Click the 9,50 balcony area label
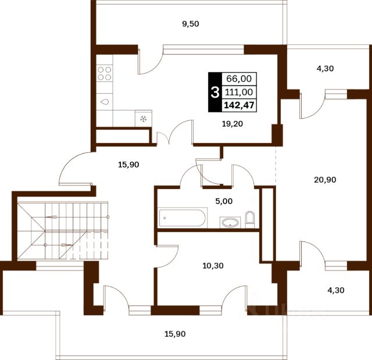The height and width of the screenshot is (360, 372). (x=191, y=24)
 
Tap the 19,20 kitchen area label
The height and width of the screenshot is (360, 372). (x=233, y=124)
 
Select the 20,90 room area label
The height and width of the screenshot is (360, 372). (x=325, y=180)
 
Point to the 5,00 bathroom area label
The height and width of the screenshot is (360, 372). (x=224, y=201)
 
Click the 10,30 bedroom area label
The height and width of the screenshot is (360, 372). (x=213, y=266)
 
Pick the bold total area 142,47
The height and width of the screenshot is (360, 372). (x=239, y=105)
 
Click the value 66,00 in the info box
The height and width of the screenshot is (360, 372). (x=239, y=79)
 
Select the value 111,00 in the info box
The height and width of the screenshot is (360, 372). (x=239, y=92)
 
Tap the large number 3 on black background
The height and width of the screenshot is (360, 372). (x=215, y=92)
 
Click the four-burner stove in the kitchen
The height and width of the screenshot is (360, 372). (x=105, y=73)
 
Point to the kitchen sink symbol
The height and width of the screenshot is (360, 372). (x=105, y=102)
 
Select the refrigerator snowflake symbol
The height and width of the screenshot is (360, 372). (x=143, y=119)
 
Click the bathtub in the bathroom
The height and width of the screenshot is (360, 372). (x=183, y=218)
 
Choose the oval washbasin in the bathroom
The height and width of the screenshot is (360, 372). (x=230, y=222)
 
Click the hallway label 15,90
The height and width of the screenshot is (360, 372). (x=128, y=165)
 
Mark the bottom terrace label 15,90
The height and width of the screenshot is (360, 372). (x=175, y=334)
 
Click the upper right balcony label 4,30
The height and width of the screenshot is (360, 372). (x=325, y=69)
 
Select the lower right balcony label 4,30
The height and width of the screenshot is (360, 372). (x=336, y=290)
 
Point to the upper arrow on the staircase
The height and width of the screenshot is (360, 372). (x=51, y=217)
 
